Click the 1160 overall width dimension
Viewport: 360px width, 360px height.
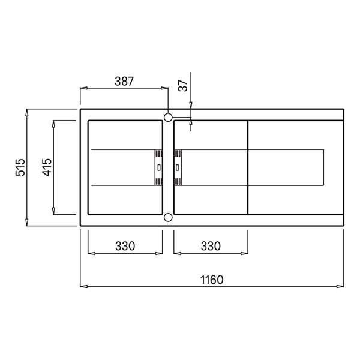pos(211,279)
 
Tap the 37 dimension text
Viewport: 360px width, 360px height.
pos(184,86)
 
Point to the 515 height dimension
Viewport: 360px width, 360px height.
pos(20,167)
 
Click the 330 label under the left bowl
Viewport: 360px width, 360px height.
pos(125,246)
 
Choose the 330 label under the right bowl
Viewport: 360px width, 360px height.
pos(211,246)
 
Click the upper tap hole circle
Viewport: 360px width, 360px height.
pos(168,116)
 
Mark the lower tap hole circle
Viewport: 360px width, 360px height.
pos(168,217)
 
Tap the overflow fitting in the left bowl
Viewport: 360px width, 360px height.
pos(158,166)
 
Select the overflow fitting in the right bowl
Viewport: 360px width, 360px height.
pos(178,166)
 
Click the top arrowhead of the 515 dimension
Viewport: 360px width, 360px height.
pos(28,112)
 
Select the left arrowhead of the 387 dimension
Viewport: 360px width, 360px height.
pos(83,88)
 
